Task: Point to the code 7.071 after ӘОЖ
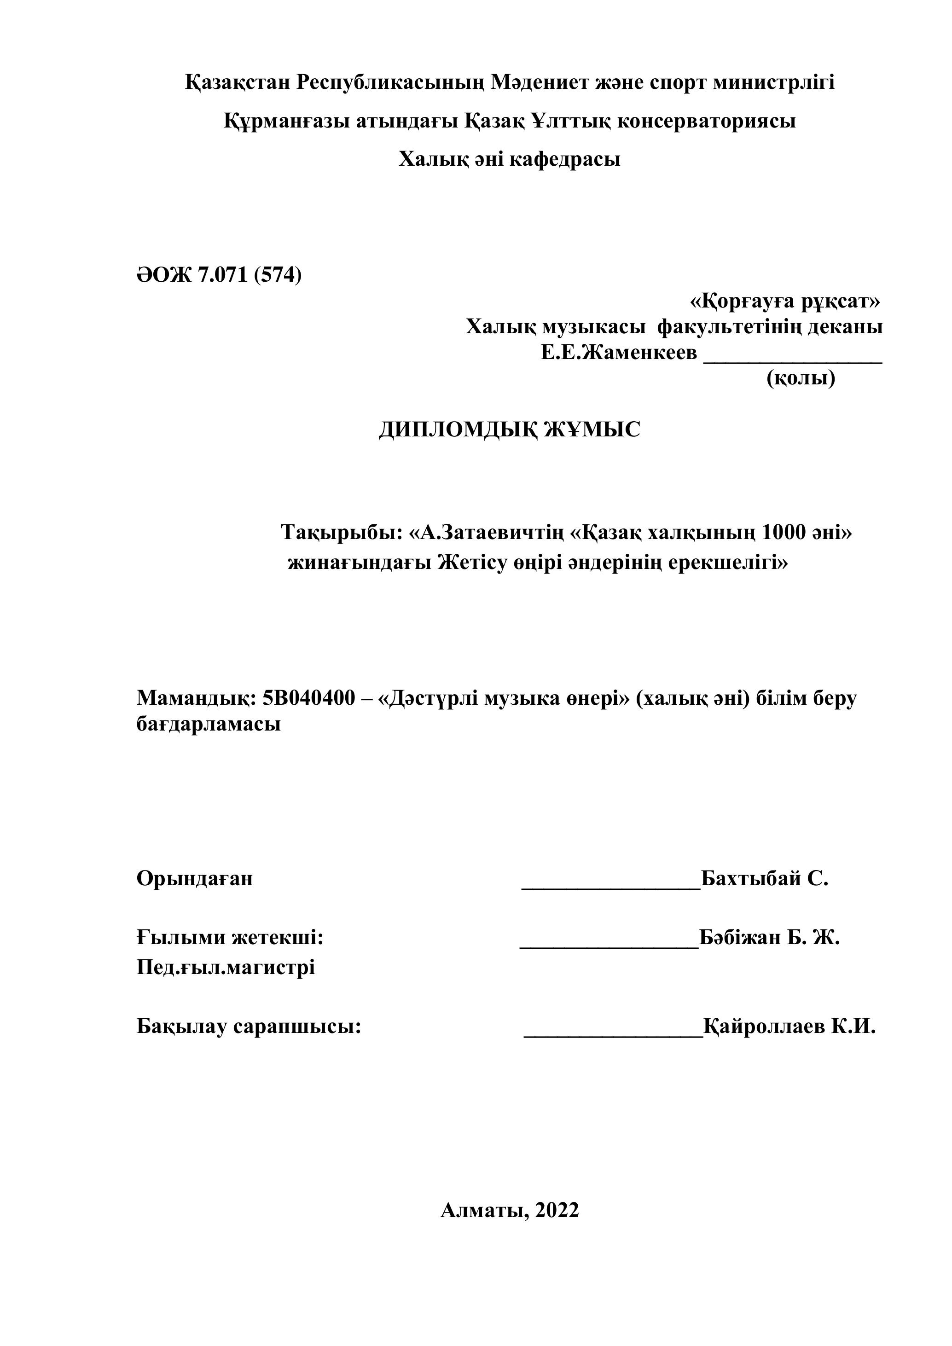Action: tap(223, 274)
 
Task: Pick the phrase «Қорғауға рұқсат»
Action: tap(785, 302)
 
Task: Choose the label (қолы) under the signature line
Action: tap(801, 379)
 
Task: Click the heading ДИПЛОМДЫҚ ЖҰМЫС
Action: tap(510, 429)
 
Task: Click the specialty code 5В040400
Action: tap(309, 698)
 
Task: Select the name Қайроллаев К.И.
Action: tap(789, 1026)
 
